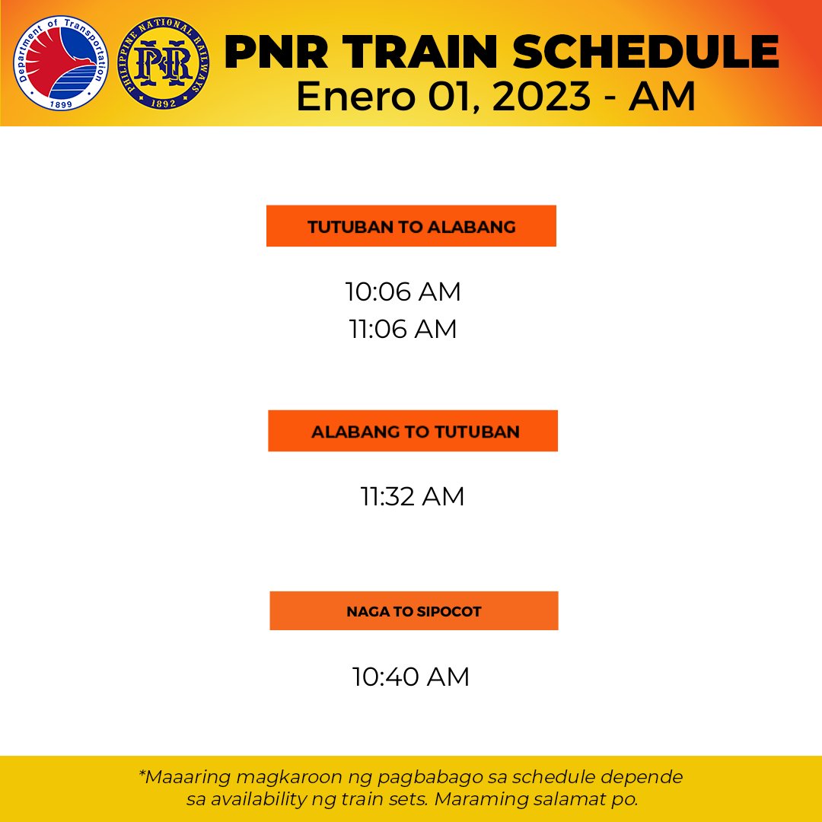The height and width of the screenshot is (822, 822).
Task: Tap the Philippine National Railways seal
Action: point(164,63)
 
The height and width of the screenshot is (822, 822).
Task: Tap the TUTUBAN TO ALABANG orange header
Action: point(411,226)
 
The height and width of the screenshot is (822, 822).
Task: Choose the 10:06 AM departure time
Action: point(403,292)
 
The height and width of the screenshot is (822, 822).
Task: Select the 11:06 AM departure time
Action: point(403,330)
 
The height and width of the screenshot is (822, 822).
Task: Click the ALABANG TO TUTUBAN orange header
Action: point(413,432)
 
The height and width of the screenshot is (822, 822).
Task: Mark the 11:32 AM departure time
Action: point(412,497)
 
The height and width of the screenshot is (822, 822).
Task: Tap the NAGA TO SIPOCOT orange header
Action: point(413,611)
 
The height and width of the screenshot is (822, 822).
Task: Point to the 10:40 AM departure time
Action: point(410,677)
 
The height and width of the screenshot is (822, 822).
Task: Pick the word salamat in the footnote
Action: point(562,800)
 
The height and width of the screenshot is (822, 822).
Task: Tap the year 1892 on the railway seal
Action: point(164,101)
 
